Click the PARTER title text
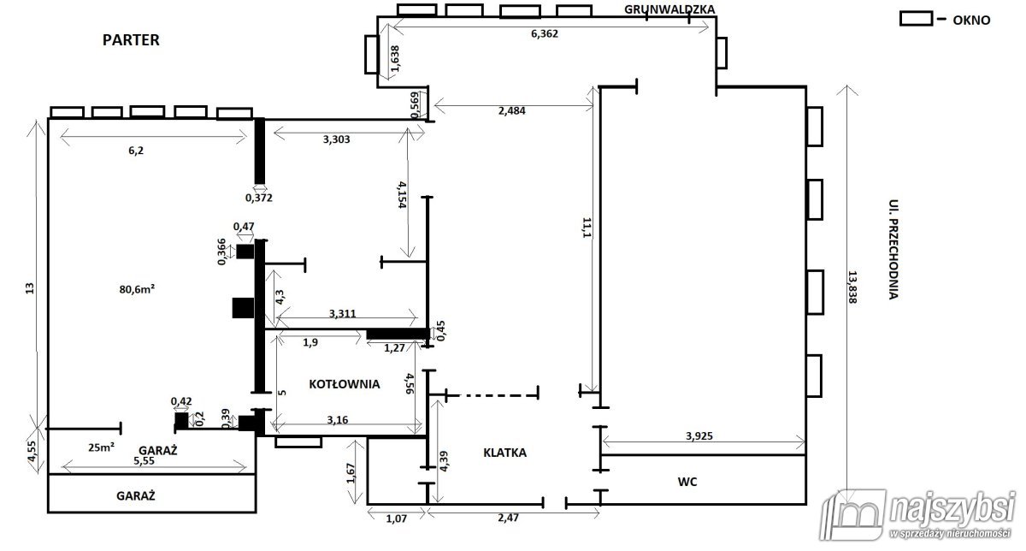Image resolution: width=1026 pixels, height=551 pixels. click(131, 40)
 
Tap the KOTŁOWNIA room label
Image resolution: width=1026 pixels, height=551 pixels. click(345, 384)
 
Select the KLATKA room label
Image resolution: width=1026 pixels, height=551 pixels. click(504, 453)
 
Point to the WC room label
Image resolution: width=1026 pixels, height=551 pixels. click(687, 482)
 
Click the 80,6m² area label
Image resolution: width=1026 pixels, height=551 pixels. click(137, 289)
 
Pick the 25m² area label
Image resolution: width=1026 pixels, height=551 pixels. click(101, 447)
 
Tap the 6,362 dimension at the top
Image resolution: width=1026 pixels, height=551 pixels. click(545, 33)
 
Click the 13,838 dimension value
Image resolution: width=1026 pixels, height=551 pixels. click(852, 287)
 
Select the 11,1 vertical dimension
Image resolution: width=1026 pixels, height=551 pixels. click(587, 228)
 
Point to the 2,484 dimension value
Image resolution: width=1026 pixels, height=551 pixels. click(511, 110)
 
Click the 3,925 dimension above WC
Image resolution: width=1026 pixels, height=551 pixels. click(699, 436)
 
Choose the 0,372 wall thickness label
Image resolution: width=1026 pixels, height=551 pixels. click(259, 198)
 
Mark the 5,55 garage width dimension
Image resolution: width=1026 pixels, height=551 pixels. click(144, 461)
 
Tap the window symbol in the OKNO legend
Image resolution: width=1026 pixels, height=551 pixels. click(916, 19)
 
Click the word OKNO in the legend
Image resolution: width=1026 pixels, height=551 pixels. click(971, 21)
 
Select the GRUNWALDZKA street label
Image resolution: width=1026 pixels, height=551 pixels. click(669, 9)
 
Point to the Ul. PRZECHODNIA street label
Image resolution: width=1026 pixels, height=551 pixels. click(893, 249)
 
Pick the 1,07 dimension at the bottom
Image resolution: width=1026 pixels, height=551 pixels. click(396, 518)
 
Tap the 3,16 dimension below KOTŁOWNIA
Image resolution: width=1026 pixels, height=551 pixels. click(338, 420)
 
